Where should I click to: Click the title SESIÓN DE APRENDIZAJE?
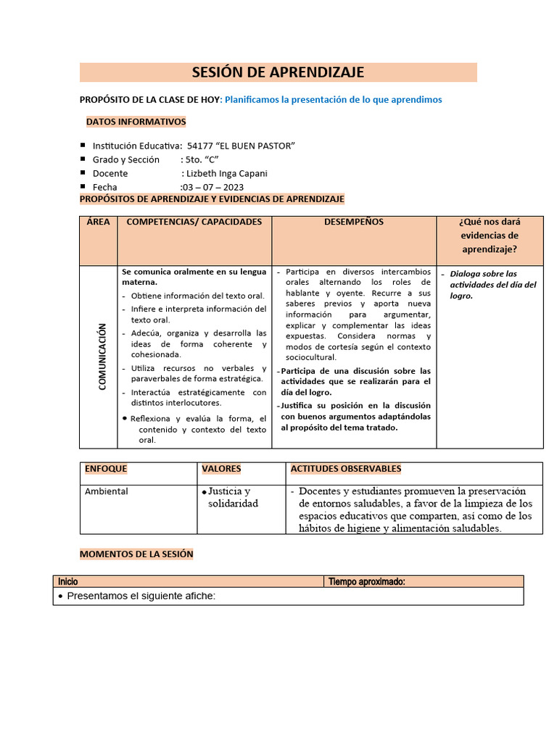pos(278,72)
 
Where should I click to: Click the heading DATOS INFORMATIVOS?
pos(136,122)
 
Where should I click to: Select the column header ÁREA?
pos(98,222)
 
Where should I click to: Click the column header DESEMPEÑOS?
pos(354,222)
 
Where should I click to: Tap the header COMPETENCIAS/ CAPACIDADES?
pos(194,222)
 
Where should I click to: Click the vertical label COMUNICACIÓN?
pos(102,357)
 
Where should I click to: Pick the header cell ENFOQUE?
pos(106,469)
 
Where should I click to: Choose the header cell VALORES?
pos(221,469)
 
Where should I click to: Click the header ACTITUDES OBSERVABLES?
pos(345,469)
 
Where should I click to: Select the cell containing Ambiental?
pos(107,491)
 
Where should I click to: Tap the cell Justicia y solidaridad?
pos(233,497)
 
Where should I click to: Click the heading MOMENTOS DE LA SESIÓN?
pos(136,554)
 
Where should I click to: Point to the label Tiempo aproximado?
pos(366,581)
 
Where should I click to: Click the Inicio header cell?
pos(68,581)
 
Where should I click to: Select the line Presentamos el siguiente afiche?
pos(141,596)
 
